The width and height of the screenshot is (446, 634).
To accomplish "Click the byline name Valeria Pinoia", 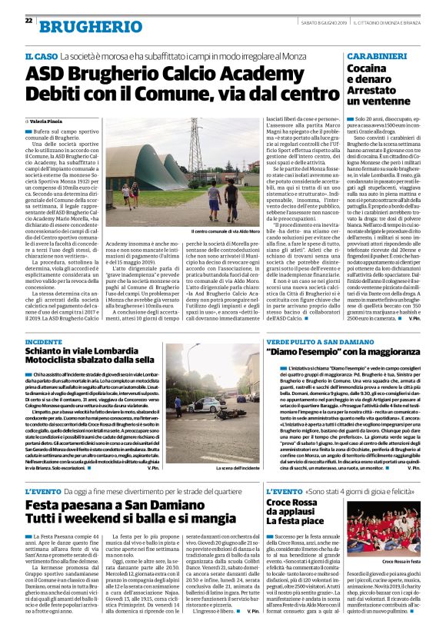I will [51, 122].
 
